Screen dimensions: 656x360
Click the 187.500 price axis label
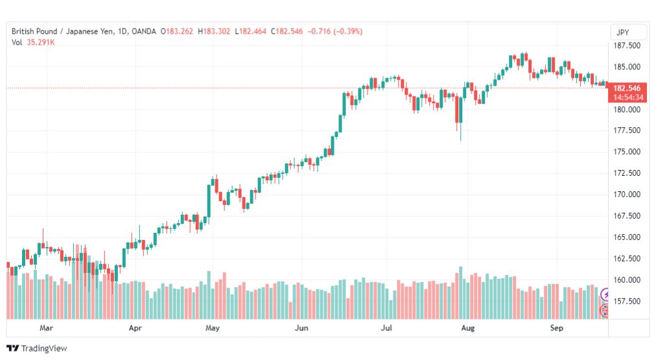627,45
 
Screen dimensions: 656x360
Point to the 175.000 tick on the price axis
627,152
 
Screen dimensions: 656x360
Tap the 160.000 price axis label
627,280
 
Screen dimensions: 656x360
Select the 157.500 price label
627,301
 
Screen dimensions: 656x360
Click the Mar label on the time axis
46,328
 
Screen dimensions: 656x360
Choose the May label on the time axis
212,328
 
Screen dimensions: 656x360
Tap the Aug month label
468,328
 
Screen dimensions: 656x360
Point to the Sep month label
556,328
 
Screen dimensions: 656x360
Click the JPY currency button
623,32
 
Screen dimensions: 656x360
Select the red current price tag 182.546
627,88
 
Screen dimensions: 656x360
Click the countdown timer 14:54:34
628,97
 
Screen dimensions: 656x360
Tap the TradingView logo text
37,348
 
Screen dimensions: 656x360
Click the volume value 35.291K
41,42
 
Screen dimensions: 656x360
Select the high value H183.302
214,31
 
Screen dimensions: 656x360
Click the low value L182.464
250,31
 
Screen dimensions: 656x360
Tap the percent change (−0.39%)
347,31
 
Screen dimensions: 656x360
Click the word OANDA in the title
143,31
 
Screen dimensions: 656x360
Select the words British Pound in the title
34,31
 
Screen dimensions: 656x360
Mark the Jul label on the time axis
386,328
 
